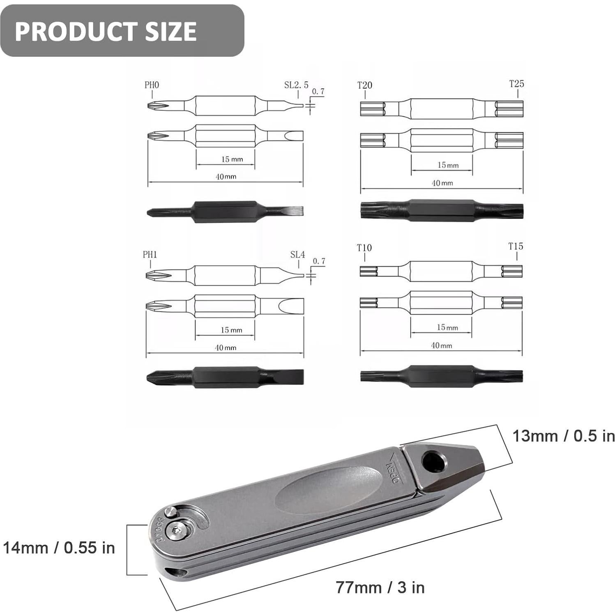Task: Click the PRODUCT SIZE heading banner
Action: [122, 31]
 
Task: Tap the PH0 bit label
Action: [152, 85]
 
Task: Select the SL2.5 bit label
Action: [296, 85]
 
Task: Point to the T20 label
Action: [364, 85]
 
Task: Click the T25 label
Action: [516, 84]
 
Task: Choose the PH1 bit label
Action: [150, 255]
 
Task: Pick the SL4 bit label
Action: [297, 255]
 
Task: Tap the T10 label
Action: [364, 248]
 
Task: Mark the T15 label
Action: [516, 246]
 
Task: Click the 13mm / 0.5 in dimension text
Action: [563, 436]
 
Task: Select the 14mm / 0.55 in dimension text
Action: [59, 548]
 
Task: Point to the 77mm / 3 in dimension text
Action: [380, 587]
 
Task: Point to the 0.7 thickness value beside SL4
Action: [319, 261]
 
